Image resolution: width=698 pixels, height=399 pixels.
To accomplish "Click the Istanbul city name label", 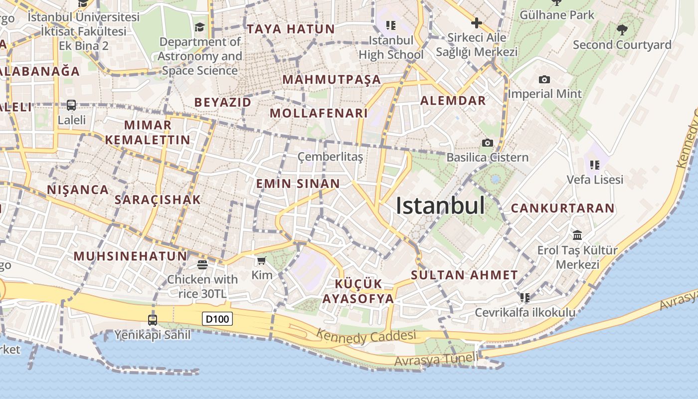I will coord(440,205).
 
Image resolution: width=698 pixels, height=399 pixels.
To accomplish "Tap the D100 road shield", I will coord(217,318).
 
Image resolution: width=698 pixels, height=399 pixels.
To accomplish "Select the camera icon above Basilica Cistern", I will coord(488,143).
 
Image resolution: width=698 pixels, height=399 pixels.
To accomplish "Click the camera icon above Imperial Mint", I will coord(544,80).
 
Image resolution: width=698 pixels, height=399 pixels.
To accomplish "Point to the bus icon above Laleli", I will coord(71,105).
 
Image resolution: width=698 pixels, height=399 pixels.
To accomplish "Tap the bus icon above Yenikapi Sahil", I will coord(153,320).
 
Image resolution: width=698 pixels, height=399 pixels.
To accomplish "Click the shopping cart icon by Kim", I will coord(261,260).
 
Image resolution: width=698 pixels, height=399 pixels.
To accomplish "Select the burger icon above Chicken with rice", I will coord(202,264).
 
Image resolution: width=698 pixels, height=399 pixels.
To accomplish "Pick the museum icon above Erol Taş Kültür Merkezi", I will coord(577,235).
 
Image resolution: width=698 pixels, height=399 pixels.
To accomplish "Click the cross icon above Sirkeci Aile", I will coord(476,22).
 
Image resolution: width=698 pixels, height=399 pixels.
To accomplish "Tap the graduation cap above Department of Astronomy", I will coord(199,27).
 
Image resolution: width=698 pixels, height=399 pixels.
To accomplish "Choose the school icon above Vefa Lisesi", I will coord(594,165).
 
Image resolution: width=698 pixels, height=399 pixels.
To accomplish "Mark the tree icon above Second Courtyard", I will coord(622,30).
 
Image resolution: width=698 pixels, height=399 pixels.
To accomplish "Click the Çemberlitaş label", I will coord(330,157).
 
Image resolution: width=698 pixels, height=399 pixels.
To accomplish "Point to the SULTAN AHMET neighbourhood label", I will coord(464,275).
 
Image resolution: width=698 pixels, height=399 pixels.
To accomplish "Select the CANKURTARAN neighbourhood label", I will coord(562,208).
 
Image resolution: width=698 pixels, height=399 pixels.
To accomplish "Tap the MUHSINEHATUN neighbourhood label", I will coord(130,256).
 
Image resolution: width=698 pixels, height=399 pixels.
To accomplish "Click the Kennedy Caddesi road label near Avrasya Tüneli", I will coord(366,337).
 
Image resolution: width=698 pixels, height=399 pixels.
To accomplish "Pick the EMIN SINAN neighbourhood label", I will coord(298,184).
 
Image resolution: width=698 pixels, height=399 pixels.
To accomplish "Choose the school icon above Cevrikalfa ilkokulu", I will coord(524,298).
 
